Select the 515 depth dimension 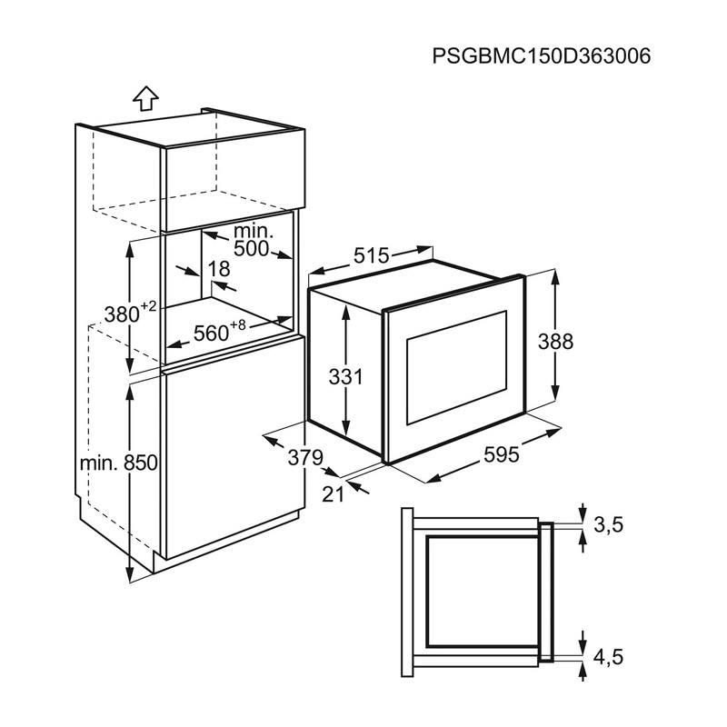[x=372, y=257]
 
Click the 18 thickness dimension [x=218, y=269]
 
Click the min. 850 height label [x=119, y=463]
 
